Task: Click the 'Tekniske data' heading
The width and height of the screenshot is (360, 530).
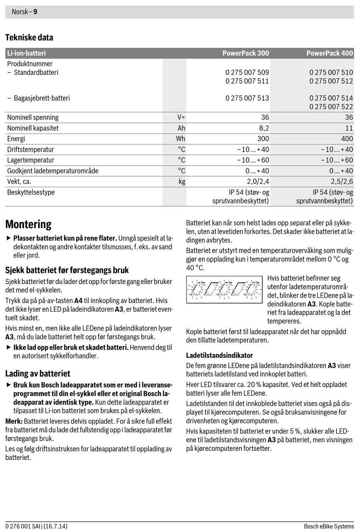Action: click(29, 37)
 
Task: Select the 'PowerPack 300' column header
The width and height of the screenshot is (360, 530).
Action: click(246, 53)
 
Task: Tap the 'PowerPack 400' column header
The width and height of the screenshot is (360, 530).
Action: click(330, 53)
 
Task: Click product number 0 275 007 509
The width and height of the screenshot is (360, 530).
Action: click(247, 72)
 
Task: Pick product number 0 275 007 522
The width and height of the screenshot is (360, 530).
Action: click(331, 107)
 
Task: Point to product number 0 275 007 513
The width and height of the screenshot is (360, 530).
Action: click(247, 98)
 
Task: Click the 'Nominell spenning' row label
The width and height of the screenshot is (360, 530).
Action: click(33, 117)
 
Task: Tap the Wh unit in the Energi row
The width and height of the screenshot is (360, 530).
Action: click(180, 138)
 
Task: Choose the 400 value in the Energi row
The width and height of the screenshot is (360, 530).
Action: click(347, 138)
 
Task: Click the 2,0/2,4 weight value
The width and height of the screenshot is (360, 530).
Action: click(258, 181)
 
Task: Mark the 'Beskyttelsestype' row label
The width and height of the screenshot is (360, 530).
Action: click(31, 192)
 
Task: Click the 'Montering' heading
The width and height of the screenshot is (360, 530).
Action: click(28, 224)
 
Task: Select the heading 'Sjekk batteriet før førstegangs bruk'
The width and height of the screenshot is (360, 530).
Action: click(67, 270)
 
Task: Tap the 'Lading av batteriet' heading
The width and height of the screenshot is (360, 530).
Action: click(38, 373)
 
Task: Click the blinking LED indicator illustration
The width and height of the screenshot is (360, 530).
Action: click(224, 289)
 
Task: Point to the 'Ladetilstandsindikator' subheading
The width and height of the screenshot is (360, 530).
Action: click(219, 355)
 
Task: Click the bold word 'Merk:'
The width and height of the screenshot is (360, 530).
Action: click(14, 421)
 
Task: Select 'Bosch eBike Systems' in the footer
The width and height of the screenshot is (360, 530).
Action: click(329, 526)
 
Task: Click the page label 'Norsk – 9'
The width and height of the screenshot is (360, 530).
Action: click(24, 12)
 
